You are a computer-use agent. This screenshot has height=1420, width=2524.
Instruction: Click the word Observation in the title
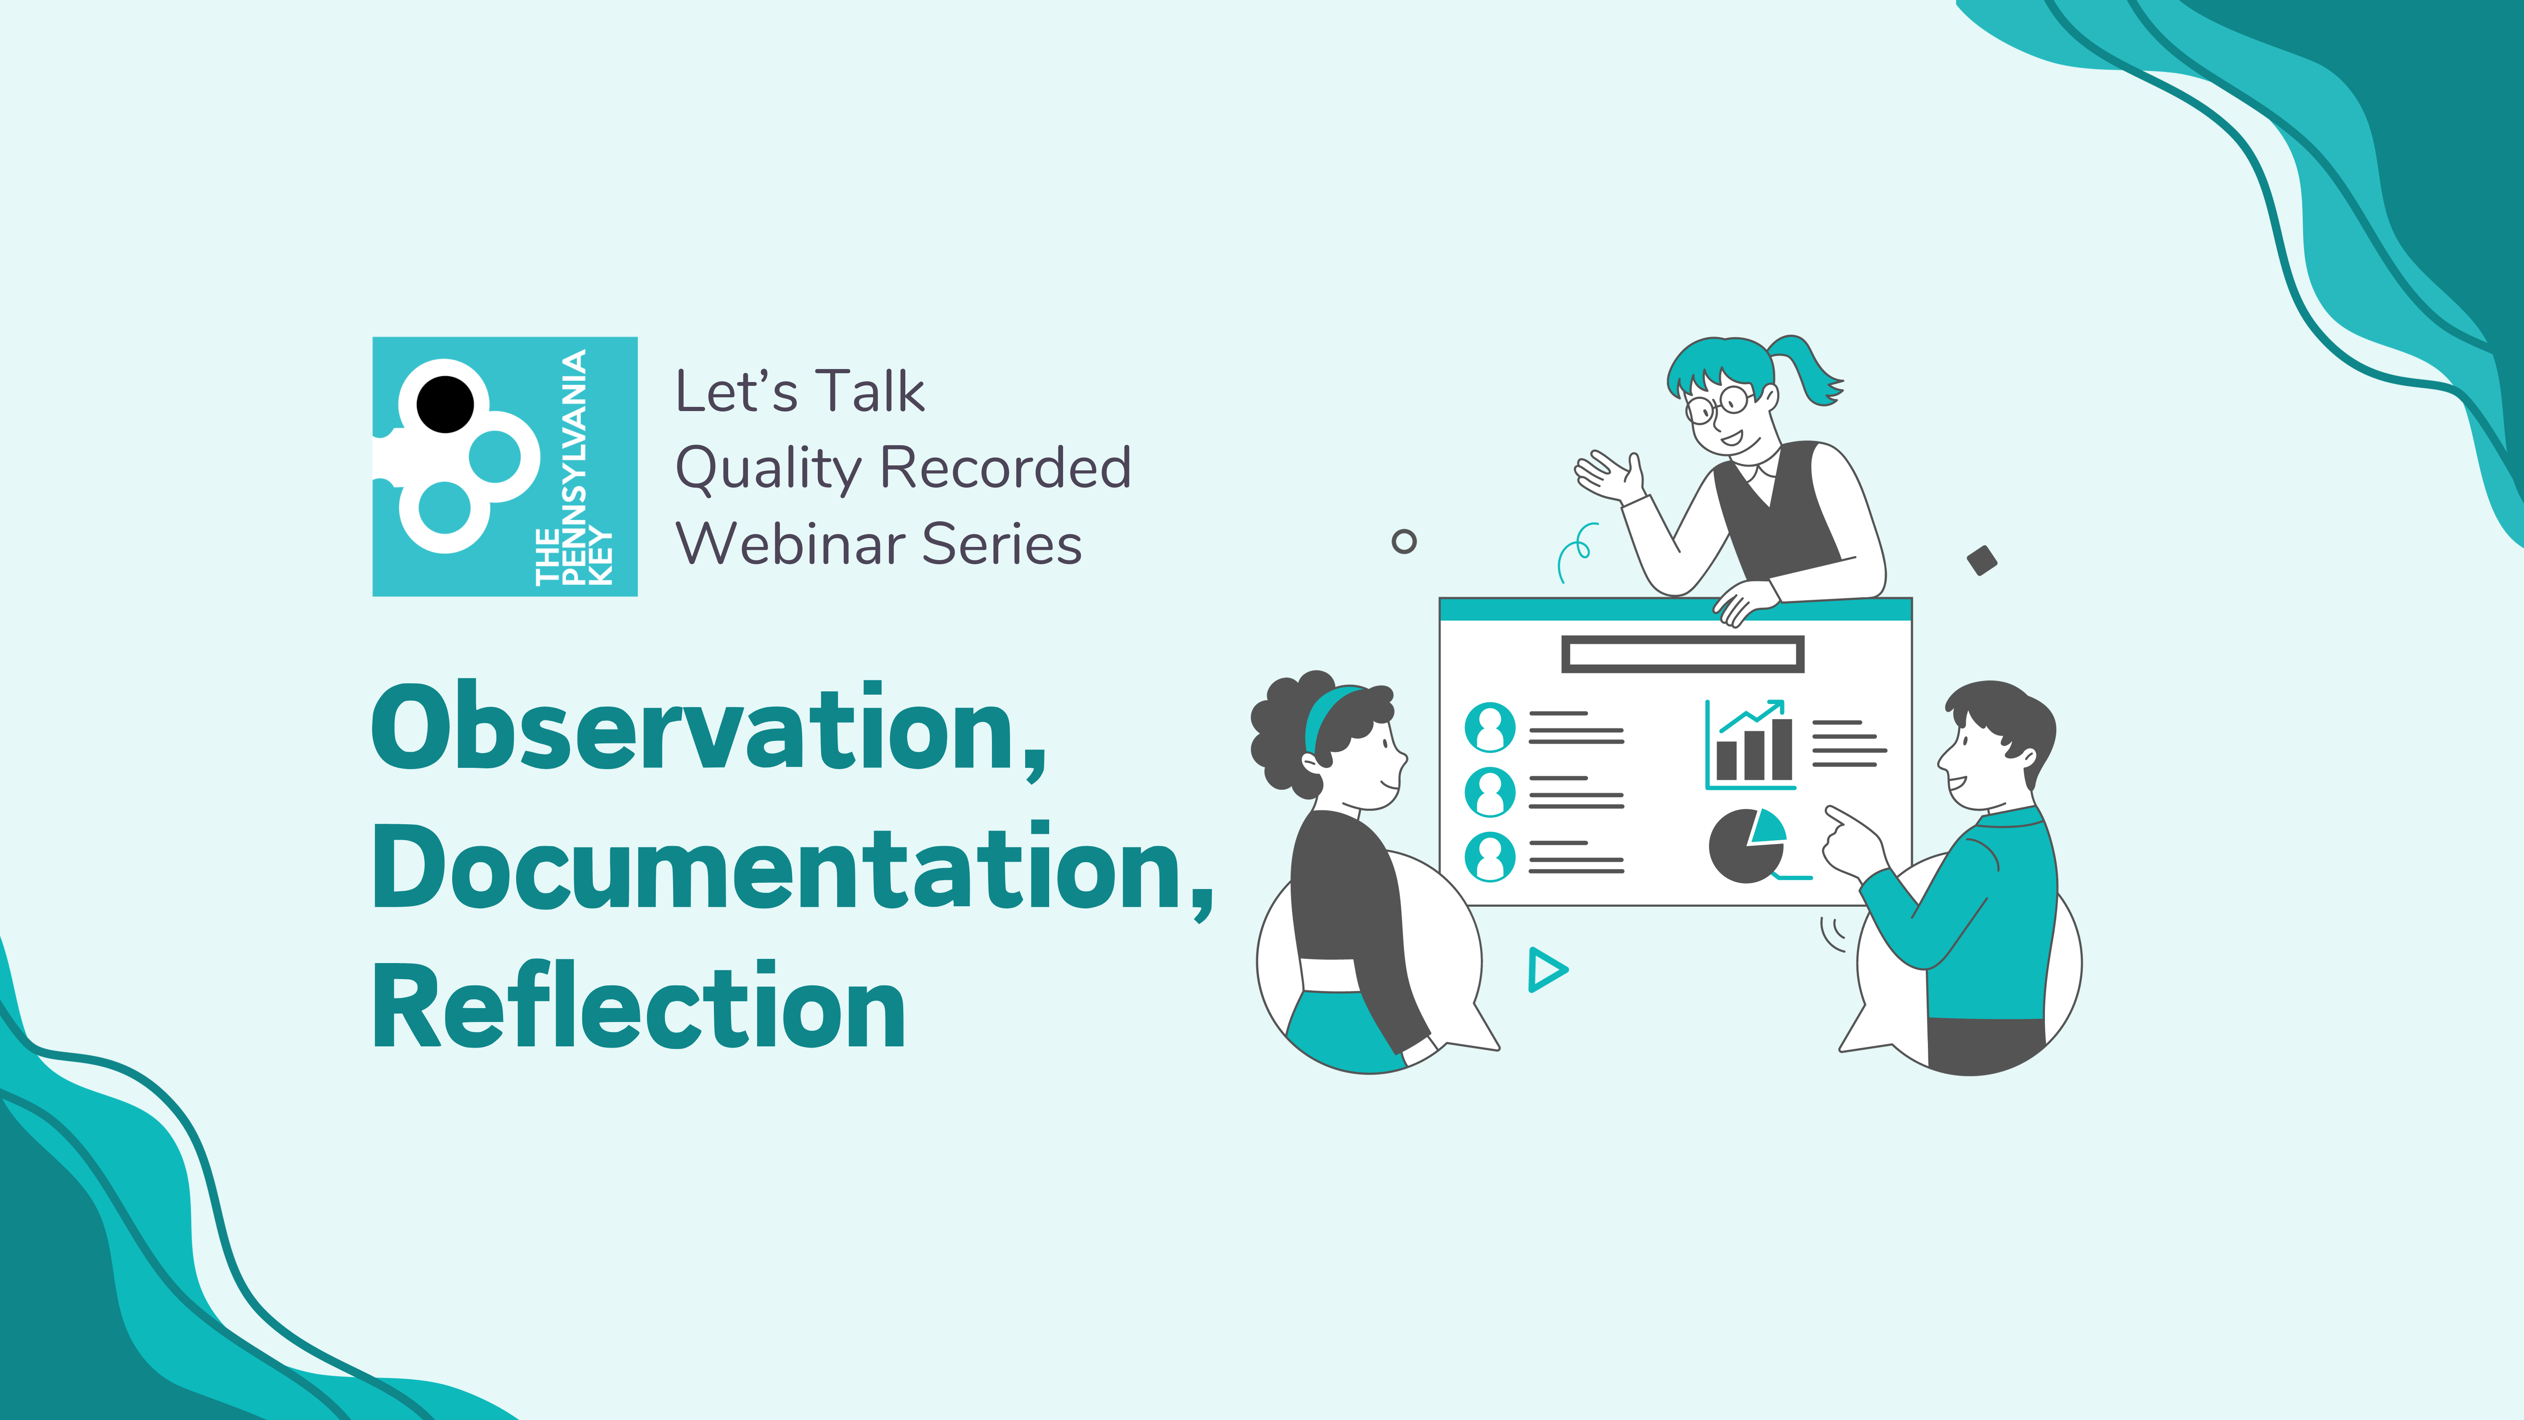[697, 726]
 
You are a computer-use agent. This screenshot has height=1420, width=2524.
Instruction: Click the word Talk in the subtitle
[870, 391]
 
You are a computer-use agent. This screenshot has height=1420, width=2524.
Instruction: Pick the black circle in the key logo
[445, 404]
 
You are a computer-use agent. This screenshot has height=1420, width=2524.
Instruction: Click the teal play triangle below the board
[1546, 970]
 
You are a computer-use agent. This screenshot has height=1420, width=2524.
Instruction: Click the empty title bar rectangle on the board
[1682, 654]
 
